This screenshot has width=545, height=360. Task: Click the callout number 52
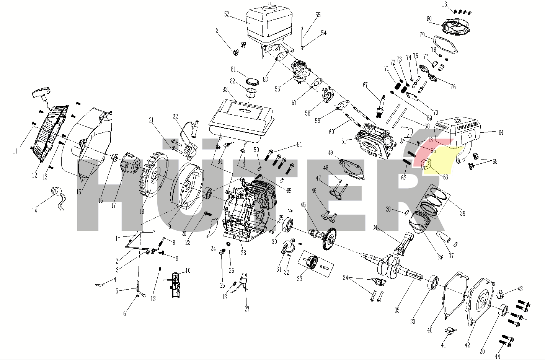tap(227, 15)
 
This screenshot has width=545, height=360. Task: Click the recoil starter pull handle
tap(42, 94)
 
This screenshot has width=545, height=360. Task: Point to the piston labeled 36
tap(419, 222)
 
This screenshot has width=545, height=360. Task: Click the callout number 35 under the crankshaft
tap(397, 310)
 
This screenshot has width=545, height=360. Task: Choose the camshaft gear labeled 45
tap(324, 238)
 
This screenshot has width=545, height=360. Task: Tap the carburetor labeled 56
tap(301, 72)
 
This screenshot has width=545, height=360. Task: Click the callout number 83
tap(225, 90)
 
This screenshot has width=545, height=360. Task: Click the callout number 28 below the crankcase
tap(243, 253)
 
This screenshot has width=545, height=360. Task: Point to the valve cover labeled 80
tap(455, 27)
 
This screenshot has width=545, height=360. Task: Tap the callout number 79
tap(422, 35)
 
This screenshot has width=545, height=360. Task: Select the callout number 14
tap(34, 211)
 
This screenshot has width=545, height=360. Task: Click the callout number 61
tap(344, 141)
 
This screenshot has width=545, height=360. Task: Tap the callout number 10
tap(188, 270)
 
